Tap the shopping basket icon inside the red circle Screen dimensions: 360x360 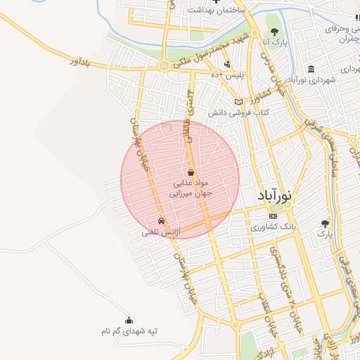pyautogui.click(x=191, y=172)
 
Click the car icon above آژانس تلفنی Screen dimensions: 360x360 pyautogui.click(x=162, y=221)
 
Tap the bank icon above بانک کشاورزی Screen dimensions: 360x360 pyautogui.click(x=273, y=216)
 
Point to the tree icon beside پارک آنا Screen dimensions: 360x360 pyautogui.click(x=274, y=32)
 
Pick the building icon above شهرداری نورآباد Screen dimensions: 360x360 pyautogui.click(x=311, y=69)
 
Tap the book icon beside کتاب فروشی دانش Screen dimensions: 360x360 pyautogui.click(x=238, y=102)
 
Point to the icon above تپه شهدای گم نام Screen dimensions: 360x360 pyautogui.click(x=128, y=321)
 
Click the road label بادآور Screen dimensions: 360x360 pyautogui.click(x=82, y=65)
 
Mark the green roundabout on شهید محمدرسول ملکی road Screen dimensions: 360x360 pyautogui.click(x=165, y=66)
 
